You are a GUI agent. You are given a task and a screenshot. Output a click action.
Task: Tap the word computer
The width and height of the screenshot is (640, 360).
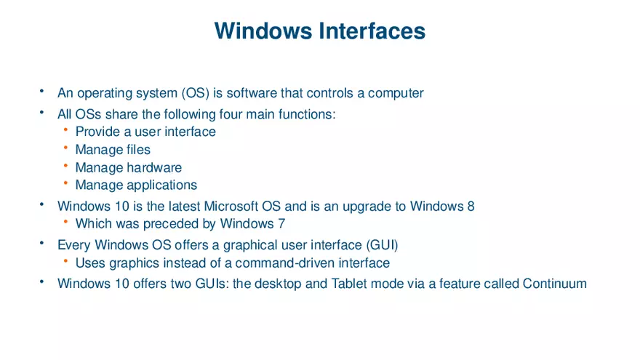tap(396, 93)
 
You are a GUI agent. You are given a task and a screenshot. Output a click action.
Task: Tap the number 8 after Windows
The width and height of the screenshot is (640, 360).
tap(471, 207)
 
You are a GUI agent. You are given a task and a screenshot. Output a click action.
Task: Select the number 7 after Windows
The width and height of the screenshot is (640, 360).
tap(281, 224)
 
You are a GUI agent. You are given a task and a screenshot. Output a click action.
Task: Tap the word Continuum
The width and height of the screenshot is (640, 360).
tap(554, 284)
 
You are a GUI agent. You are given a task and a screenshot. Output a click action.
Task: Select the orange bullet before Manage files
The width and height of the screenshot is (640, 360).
tap(65, 148)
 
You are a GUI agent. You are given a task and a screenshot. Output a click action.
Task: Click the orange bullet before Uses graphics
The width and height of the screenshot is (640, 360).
tap(65, 261)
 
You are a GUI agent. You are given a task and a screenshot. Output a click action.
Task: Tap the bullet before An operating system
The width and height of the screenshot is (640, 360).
tap(41, 92)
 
